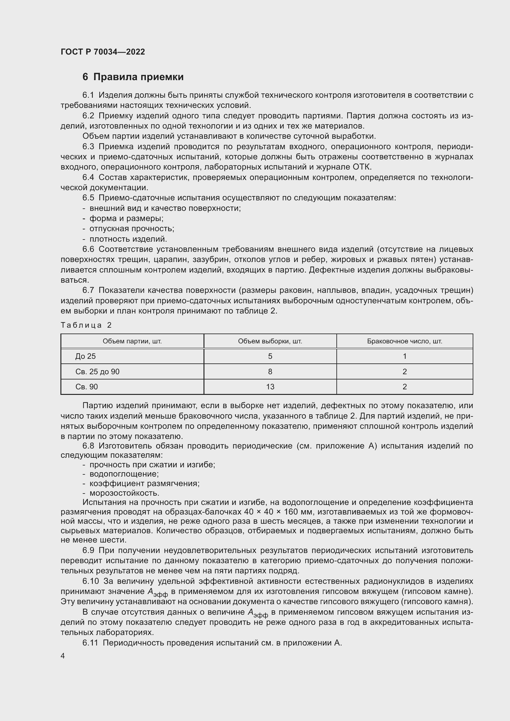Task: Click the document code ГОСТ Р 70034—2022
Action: (103, 52)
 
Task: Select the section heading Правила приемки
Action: (138, 77)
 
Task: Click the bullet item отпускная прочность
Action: (132, 229)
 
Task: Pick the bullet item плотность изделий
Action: (128, 239)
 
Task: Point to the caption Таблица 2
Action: (86, 325)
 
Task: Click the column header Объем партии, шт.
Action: (132, 341)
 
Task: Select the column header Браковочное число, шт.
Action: (405, 341)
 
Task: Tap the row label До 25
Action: (85, 356)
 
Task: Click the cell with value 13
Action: (270, 387)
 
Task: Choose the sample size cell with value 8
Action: (270, 371)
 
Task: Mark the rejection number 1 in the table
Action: (405, 356)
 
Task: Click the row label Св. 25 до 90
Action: (97, 371)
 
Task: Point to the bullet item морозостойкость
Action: (124, 493)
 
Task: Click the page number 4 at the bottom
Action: (63, 656)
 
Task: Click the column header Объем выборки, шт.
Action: (270, 341)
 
